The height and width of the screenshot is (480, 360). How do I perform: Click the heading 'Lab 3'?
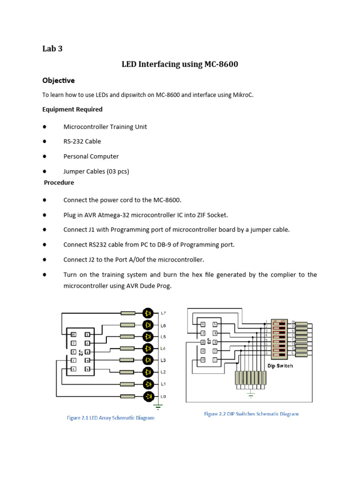pos(52,48)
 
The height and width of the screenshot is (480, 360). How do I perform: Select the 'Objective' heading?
pos(58,81)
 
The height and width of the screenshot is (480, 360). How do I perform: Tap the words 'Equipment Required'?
pos(72,109)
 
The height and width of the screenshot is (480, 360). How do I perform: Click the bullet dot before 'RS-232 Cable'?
pos(44,141)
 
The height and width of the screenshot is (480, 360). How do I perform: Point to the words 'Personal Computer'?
pos(91,156)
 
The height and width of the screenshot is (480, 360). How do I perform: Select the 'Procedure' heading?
pos(59,182)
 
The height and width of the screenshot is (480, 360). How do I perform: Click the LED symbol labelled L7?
pos(148,313)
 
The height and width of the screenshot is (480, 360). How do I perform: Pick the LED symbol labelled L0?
pos(148,396)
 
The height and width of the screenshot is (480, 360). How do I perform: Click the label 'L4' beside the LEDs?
pos(163,348)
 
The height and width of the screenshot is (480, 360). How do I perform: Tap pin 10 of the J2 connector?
pos(73,335)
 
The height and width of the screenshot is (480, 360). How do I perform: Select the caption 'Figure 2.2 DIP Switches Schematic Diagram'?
pos(251,414)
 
